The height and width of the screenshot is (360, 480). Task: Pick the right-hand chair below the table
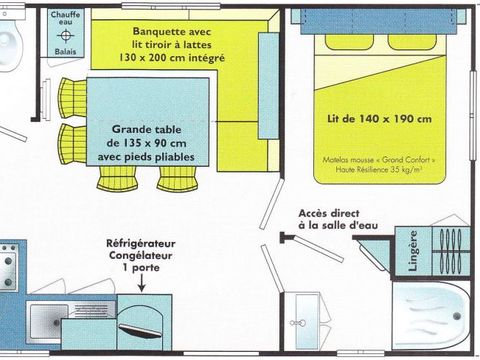click(175, 176)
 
